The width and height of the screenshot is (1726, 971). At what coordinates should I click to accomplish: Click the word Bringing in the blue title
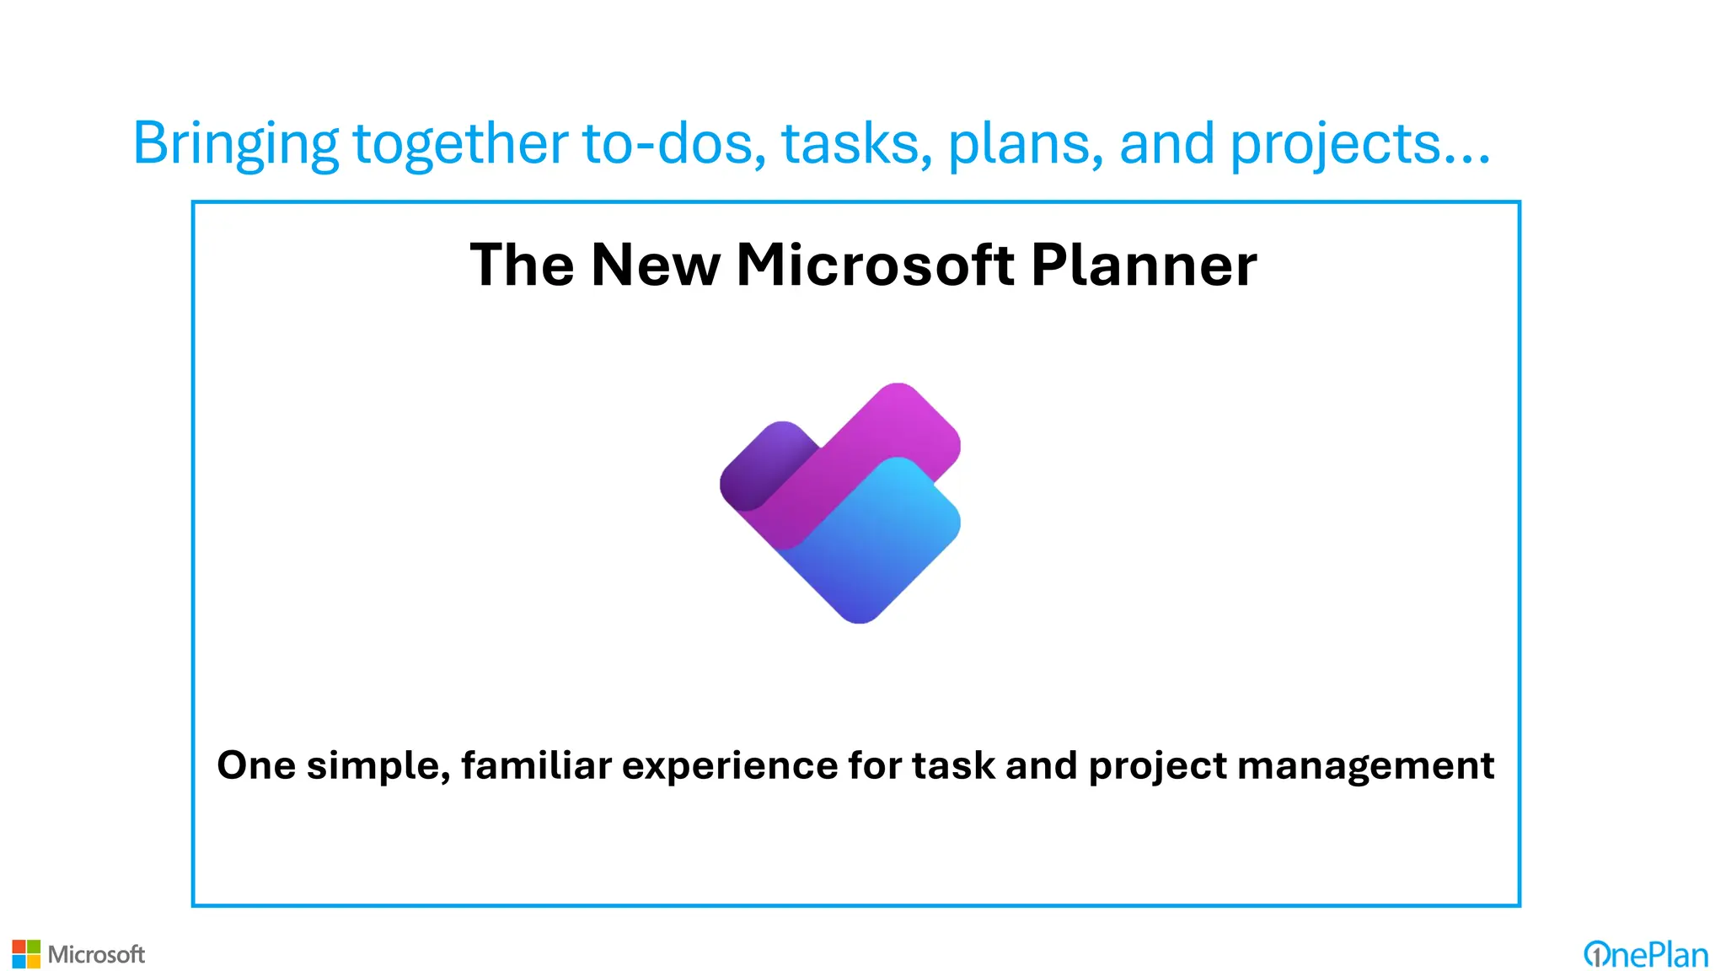235,143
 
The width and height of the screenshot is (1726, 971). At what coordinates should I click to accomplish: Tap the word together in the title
460,143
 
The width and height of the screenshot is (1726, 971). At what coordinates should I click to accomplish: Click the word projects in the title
1335,143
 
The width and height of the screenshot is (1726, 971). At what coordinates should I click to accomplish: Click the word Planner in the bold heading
1144,266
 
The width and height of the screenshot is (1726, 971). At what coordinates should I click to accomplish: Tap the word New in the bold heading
656,266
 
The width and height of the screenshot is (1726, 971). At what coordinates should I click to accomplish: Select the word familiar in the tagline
536,765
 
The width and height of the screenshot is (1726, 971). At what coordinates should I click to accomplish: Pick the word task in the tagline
953,765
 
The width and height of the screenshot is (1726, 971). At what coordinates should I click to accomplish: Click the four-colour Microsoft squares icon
26,954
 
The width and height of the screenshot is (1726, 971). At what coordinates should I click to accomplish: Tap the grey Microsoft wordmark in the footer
96,954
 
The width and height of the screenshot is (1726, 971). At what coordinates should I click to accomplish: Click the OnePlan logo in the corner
1645,954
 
